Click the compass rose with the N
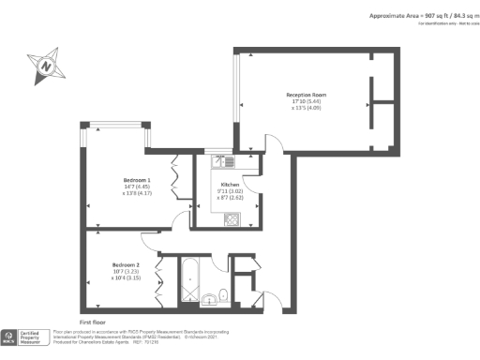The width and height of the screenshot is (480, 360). point(45,65)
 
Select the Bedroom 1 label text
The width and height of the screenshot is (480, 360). point(137,178)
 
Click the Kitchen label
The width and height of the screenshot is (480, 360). point(231,185)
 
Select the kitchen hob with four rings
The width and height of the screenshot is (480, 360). point(231,219)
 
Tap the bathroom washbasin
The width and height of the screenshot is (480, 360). point(208,299)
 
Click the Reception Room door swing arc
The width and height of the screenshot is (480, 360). point(273,145)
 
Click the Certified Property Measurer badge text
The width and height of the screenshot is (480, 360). point(35,337)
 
